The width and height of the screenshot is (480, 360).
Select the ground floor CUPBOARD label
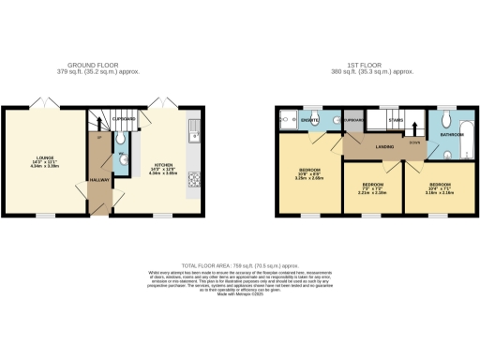click(x=124, y=119)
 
